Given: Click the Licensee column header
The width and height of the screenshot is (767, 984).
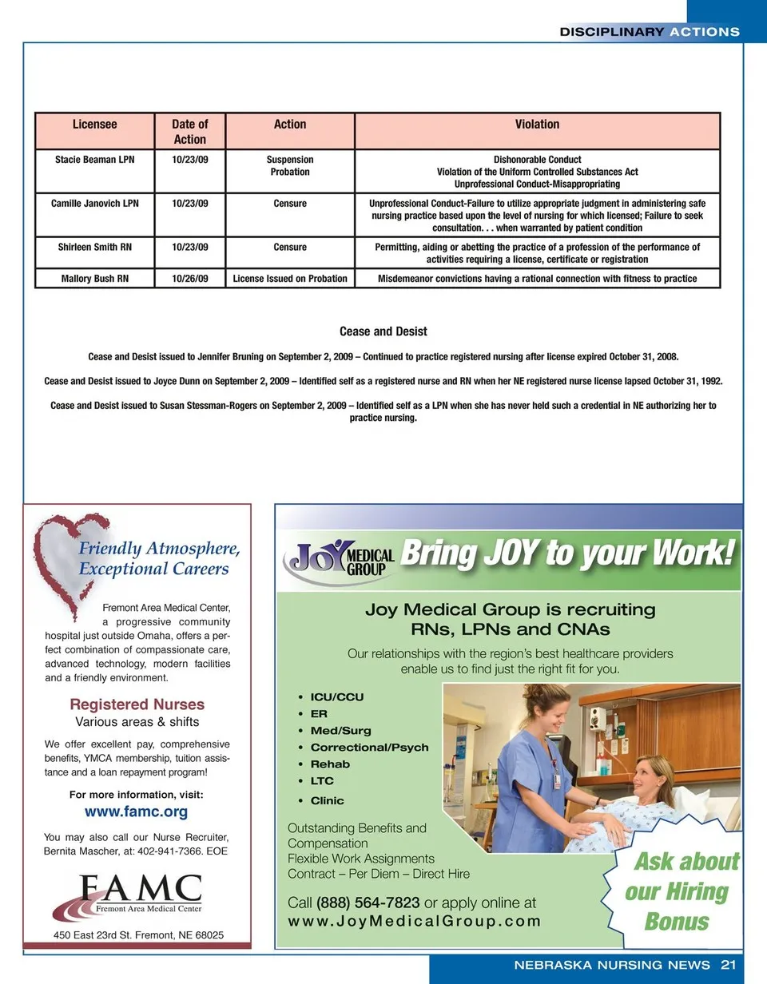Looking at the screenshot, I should pos(94,125).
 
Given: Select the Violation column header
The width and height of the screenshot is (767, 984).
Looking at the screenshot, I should pos(537,125).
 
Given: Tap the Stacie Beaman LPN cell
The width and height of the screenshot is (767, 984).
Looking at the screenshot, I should pos(94,160).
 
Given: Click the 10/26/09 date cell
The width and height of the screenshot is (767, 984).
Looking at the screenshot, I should pos(190,279).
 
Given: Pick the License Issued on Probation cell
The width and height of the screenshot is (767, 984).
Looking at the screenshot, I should pos(290,279).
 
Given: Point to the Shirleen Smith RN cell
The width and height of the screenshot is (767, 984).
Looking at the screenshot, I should pos(94,248).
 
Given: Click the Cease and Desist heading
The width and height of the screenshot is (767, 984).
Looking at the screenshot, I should pos(383,331).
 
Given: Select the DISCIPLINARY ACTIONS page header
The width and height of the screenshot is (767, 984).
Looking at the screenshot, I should pos(650,32).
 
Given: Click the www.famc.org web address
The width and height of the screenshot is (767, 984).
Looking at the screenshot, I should pos(136,812).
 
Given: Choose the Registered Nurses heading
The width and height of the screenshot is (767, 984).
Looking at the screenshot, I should pos(137,704).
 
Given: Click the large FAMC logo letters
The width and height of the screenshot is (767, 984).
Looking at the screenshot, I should pos(141,888).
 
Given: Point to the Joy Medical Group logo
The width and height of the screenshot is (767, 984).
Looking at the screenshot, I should pos(340,559).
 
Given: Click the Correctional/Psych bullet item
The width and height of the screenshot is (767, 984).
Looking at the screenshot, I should pos(369,748).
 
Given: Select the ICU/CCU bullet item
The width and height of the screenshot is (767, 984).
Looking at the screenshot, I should pos(336,697).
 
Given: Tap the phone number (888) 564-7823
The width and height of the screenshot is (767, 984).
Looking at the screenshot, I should pos(368,903).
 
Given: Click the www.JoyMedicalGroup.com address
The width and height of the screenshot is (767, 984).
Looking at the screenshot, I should pos(415,921).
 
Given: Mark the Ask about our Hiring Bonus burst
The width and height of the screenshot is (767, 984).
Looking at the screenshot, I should pos(679,891).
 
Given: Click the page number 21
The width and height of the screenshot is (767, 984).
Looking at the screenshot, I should pos(728,964).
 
